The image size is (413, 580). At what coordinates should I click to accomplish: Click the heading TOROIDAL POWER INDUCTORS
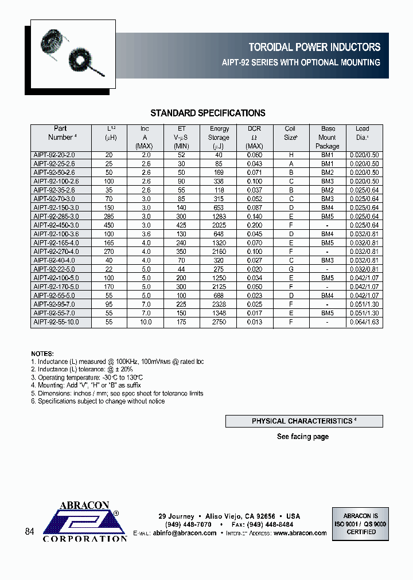click(314, 48)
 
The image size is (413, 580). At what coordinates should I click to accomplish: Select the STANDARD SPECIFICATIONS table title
click(208, 113)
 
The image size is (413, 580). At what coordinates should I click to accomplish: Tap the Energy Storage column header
click(219, 137)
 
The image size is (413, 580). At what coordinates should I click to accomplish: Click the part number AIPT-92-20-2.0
click(54, 155)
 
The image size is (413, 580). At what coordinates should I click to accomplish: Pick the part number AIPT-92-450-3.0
click(56, 225)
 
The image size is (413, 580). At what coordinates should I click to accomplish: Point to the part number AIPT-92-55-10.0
click(56, 322)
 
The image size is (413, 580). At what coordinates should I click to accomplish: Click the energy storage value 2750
click(219, 322)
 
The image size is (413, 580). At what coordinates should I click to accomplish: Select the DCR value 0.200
click(254, 225)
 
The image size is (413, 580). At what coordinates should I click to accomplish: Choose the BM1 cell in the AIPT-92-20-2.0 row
click(328, 155)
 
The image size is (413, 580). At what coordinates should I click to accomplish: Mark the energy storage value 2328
click(219, 305)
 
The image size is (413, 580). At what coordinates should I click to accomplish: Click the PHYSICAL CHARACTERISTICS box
click(304, 421)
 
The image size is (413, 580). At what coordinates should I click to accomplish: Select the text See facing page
click(303, 437)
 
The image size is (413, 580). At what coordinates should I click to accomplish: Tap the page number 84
click(30, 532)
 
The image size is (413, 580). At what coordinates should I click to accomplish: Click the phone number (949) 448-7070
click(185, 524)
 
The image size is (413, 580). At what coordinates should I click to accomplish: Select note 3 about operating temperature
click(87, 378)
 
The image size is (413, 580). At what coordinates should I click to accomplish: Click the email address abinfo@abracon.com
click(185, 533)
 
